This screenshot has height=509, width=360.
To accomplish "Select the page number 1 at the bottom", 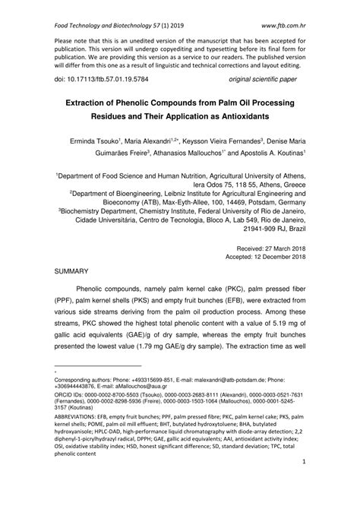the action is (303, 482).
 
